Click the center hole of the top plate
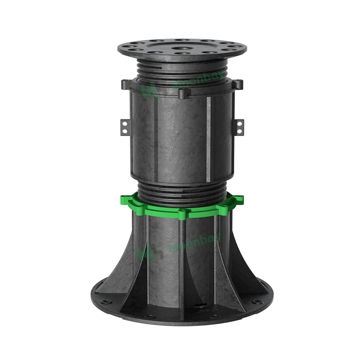182,47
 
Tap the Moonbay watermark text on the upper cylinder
178,84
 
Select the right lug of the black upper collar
238,84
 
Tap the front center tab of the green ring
182,214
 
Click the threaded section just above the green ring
182,191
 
